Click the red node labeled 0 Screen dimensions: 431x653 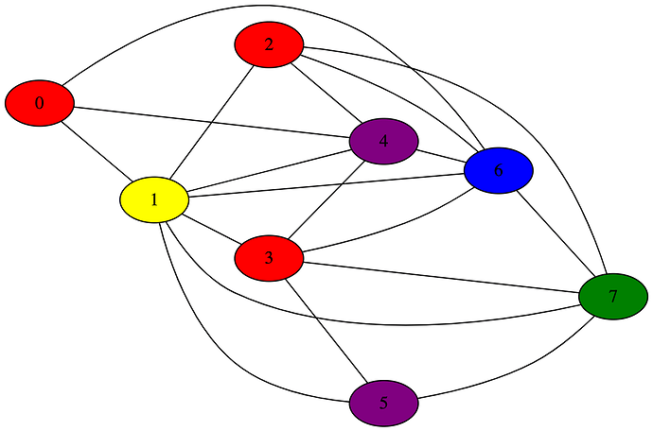tap(39, 103)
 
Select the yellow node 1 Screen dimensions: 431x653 tap(154, 200)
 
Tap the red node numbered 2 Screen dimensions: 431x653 tap(269, 44)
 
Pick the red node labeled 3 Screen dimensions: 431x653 tap(269, 258)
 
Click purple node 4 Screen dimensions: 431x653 tap(383, 142)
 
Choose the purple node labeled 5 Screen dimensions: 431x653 tap(383, 403)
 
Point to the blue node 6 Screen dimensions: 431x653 tap(499, 170)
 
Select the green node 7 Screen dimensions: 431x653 tap(613, 297)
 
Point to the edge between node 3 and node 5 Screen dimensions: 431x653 tap(326, 331)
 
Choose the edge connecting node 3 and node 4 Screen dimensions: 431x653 tap(326, 199)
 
